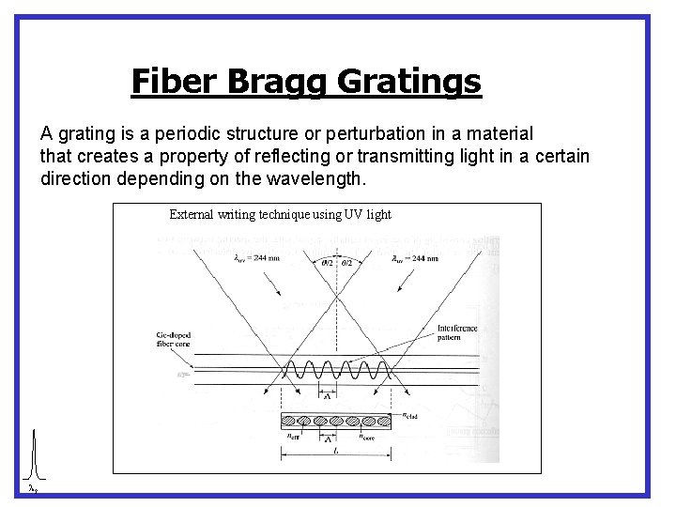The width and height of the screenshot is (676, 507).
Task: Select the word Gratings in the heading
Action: (x=408, y=82)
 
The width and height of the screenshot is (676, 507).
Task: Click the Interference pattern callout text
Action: (x=457, y=332)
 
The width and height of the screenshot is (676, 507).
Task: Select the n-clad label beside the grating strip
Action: (x=410, y=414)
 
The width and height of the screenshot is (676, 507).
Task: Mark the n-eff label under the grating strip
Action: (x=292, y=436)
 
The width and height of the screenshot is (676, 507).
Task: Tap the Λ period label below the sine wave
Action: (x=327, y=396)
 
